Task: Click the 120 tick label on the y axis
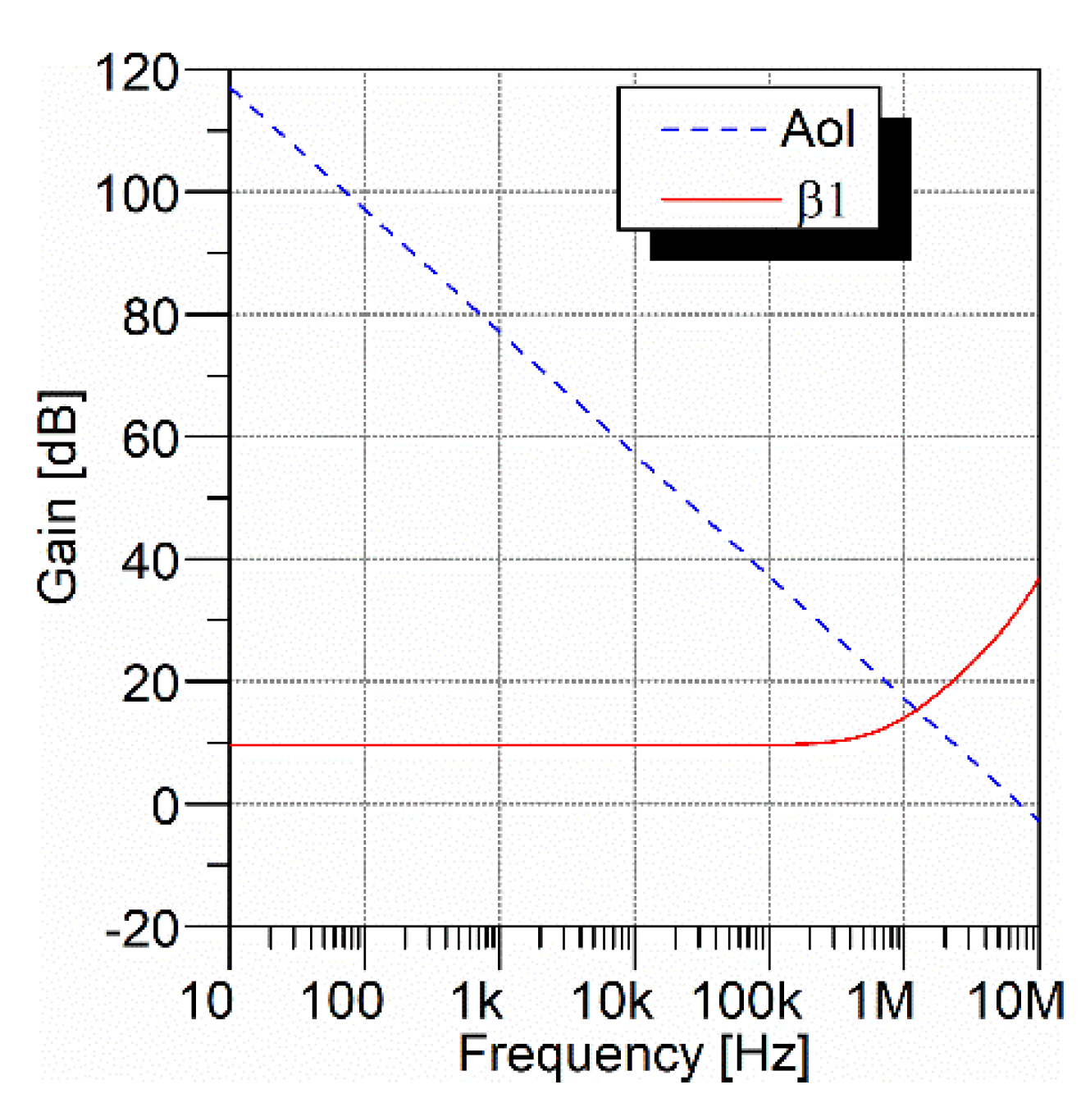pos(136,73)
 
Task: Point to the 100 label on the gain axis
pos(136,195)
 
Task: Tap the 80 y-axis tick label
pos(149,317)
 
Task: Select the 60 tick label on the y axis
pos(149,439)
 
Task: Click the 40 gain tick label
pos(149,562)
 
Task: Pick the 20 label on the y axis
pos(149,684)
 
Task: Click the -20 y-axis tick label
pos(142,929)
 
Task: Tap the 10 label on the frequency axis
pos(207,1001)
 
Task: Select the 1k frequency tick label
pos(477,1001)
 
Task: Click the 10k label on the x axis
pos(612,1001)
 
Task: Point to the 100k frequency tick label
pos(746,1001)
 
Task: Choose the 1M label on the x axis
pos(881,1001)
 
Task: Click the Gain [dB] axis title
pos(59,497)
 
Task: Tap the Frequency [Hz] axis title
pos(633,1055)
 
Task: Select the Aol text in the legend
pos(818,129)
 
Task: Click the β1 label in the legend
pos(822,199)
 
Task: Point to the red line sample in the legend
pos(720,199)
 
